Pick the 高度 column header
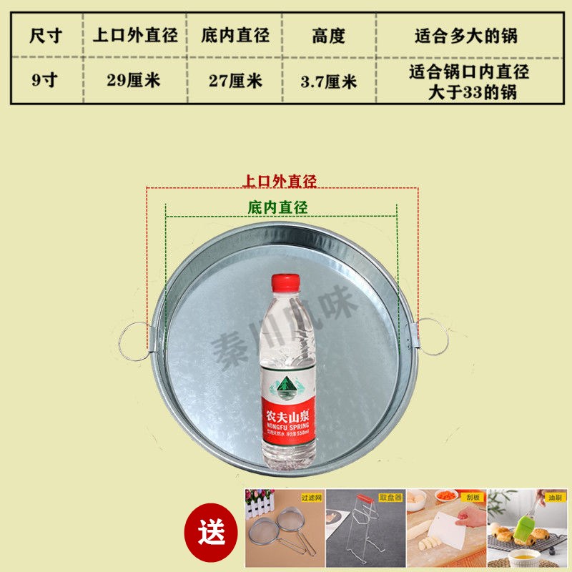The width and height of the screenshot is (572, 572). (329, 35)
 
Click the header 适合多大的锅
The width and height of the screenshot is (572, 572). (466, 35)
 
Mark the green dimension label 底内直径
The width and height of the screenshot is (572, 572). (277, 207)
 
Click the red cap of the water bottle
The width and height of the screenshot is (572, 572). (285, 283)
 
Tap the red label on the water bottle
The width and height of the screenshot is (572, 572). (287, 400)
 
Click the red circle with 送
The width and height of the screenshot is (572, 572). (212, 532)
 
